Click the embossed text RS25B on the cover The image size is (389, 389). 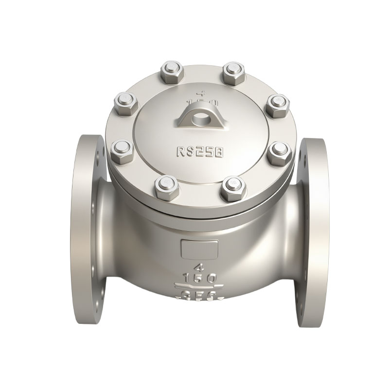(199, 152)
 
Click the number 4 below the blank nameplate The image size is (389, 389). (198, 268)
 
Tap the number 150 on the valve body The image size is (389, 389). (198, 279)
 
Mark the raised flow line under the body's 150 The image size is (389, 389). (198, 286)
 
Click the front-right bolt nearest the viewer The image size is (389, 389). (231, 187)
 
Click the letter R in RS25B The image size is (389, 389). (180, 152)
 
